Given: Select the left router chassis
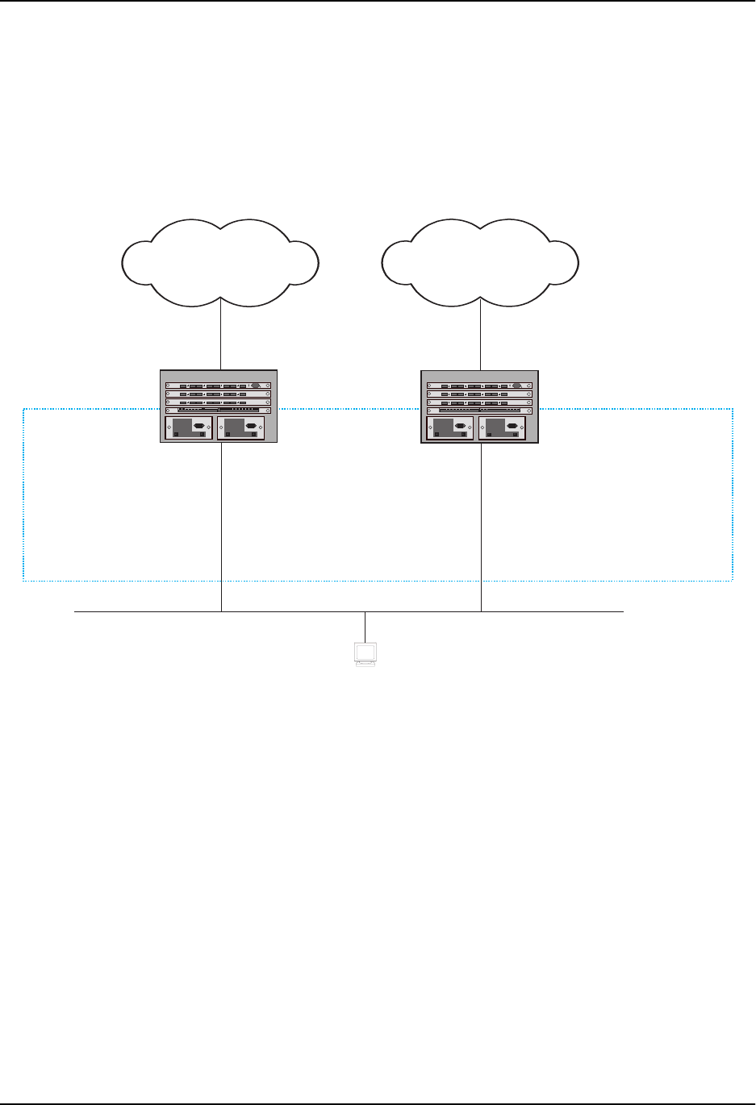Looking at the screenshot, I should click(x=219, y=406).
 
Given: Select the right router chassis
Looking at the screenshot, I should click(x=479, y=406).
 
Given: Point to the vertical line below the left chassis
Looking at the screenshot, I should click(x=221, y=524).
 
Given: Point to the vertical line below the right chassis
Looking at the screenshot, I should click(x=482, y=524).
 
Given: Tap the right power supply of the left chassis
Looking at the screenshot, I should click(x=243, y=427).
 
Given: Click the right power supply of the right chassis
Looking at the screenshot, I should click(x=503, y=427).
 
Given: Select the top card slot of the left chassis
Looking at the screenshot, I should click(x=219, y=386).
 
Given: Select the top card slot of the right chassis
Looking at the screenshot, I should click(x=479, y=386).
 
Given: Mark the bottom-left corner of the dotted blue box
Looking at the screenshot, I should click(x=23, y=579).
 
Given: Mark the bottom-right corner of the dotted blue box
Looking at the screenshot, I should click(x=732, y=579).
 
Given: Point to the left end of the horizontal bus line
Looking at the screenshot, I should click(x=76, y=612).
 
